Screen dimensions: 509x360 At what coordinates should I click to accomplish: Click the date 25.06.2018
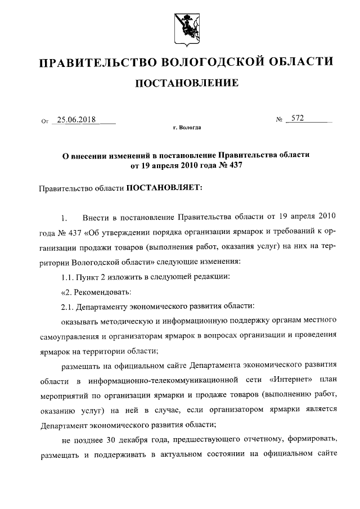[76, 120]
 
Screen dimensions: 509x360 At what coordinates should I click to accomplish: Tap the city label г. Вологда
[187, 128]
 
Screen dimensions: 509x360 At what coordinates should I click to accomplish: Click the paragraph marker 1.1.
[67, 277]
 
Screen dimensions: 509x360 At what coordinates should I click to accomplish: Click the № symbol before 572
[279, 120]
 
